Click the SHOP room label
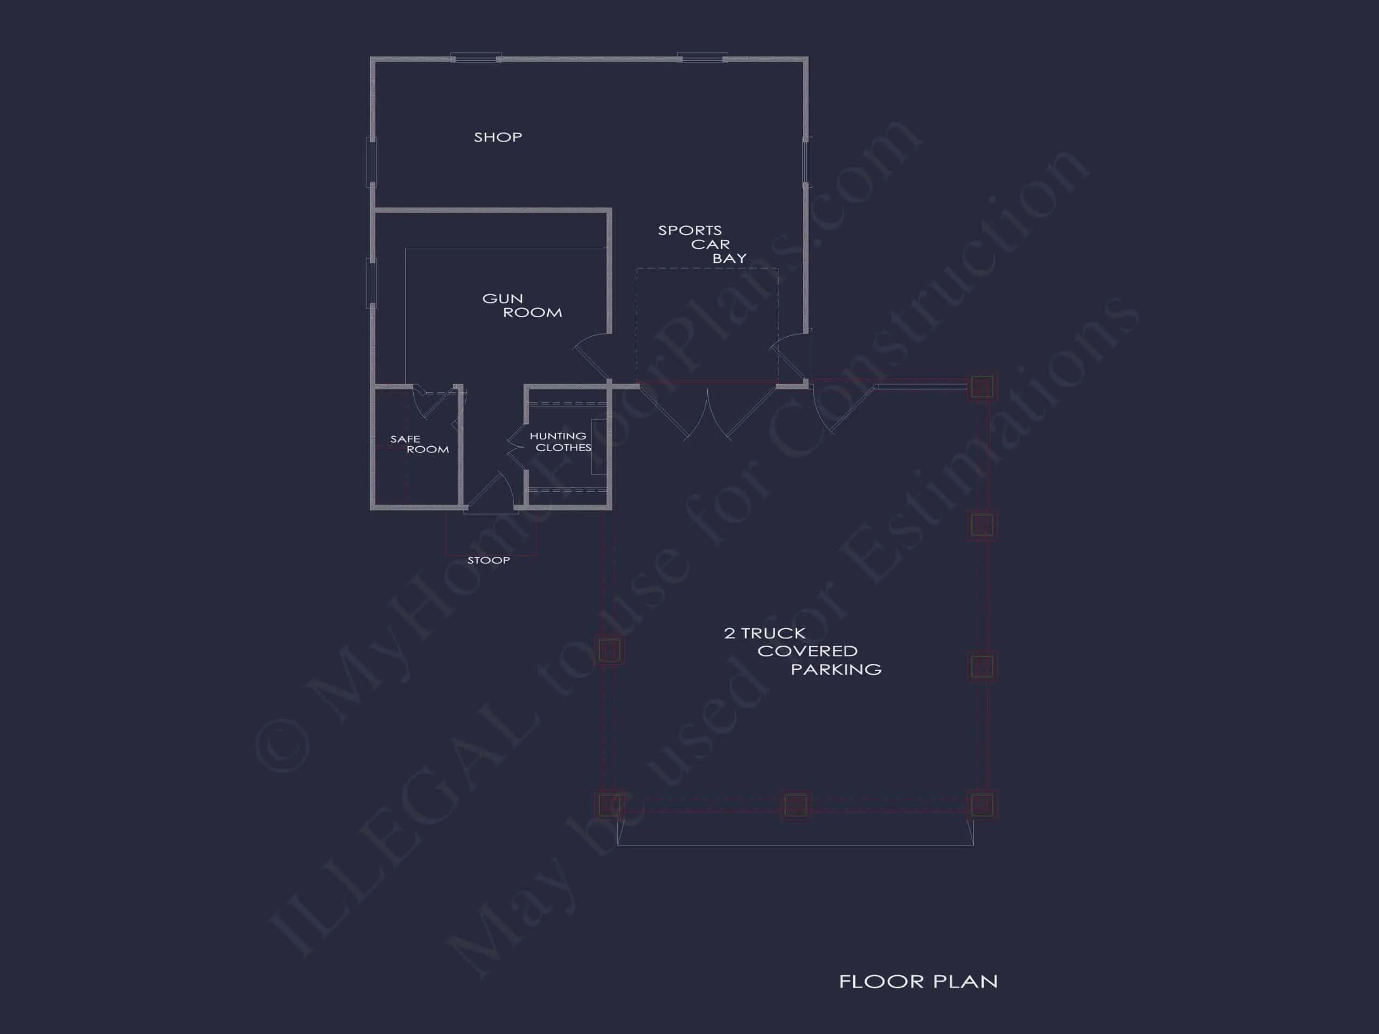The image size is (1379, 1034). (x=498, y=137)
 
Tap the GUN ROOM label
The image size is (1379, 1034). (x=522, y=305)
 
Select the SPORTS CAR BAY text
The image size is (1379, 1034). (x=701, y=244)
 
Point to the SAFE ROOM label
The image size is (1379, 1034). (x=419, y=444)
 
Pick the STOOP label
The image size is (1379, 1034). (x=489, y=560)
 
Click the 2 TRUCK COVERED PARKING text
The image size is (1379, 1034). (x=802, y=651)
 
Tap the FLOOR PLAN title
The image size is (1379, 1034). (x=918, y=982)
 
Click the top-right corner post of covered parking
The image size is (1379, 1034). (x=981, y=387)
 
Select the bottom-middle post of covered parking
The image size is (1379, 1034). (x=795, y=805)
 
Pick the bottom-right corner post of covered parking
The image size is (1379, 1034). (x=981, y=805)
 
